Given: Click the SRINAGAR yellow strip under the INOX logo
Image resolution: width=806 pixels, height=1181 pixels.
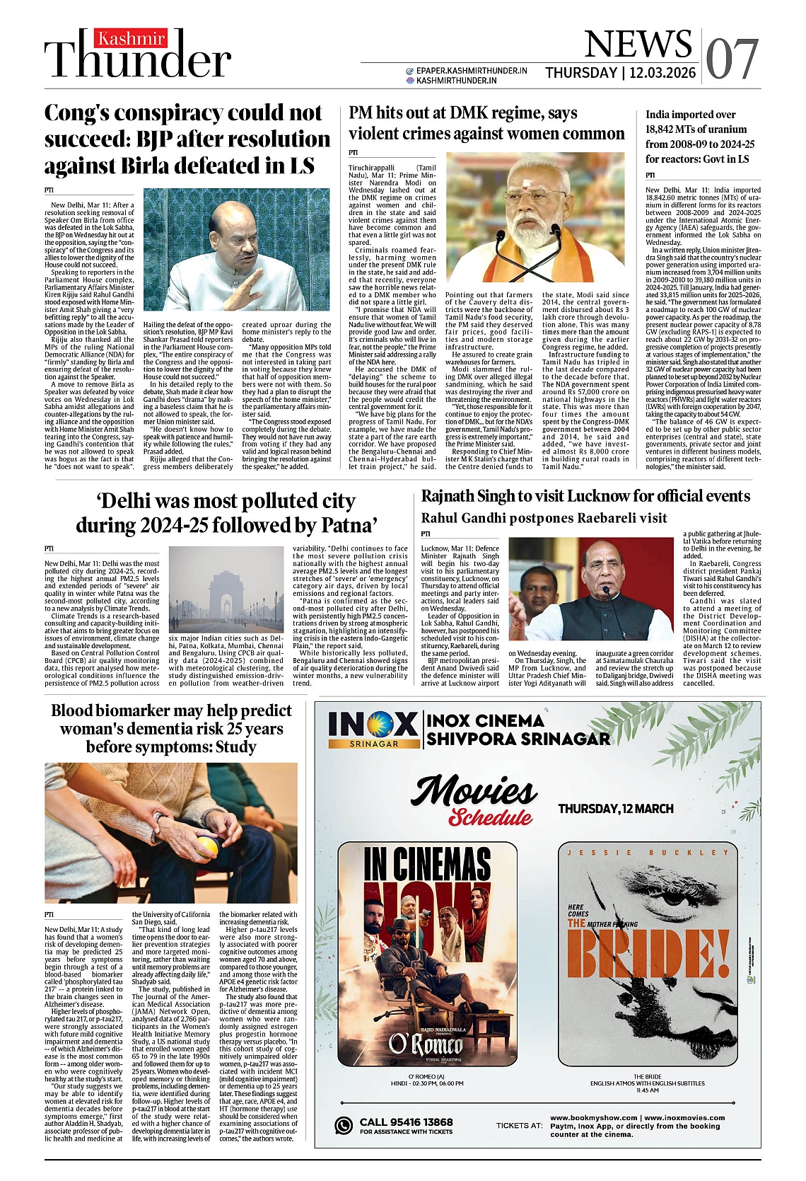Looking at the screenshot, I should pos(374,744).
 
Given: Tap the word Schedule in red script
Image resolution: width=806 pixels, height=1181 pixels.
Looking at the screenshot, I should pos(490,817).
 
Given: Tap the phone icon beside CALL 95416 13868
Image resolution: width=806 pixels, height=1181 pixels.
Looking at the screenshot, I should pos(344,1125).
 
